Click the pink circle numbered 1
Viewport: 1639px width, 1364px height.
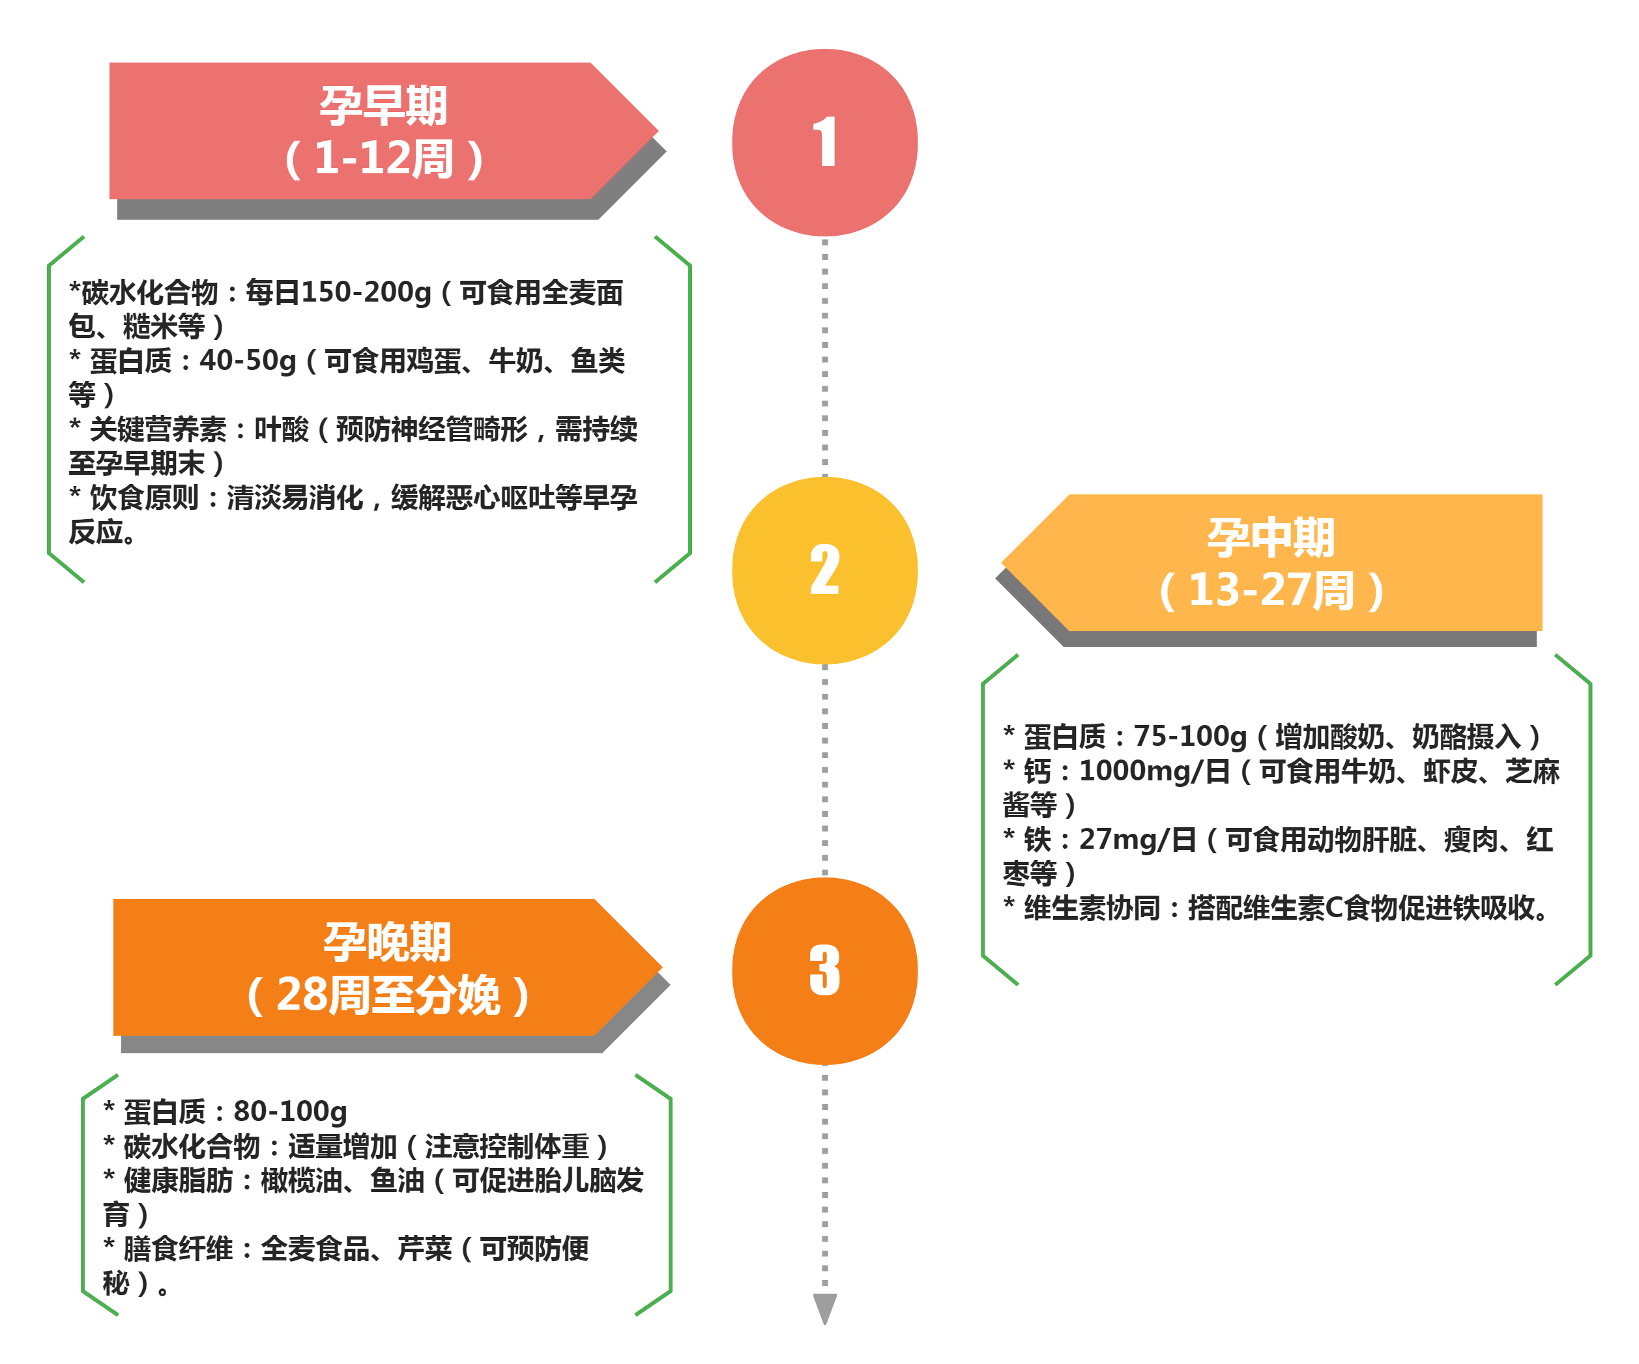pyautogui.click(x=824, y=143)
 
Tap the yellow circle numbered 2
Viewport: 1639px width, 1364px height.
pyautogui.click(x=824, y=571)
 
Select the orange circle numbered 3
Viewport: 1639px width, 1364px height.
pyautogui.click(x=824, y=971)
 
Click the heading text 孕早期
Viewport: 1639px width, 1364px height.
pyautogui.click(x=383, y=106)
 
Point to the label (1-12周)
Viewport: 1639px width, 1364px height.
pyautogui.click(x=383, y=158)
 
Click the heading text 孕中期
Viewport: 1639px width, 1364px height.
pyautogui.click(x=1271, y=537)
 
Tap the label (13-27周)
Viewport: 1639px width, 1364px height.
pyautogui.click(x=1271, y=590)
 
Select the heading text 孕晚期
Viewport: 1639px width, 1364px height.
pyautogui.click(x=387, y=942)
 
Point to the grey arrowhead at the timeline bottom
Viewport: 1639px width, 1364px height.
pyautogui.click(x=824, y=1308)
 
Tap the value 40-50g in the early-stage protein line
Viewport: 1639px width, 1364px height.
pyautogui.click(x=248, y=360)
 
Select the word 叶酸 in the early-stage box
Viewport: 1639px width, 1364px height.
pyautogui.click(x=281, y=429)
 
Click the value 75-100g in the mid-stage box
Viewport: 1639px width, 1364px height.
pyautogui.click(x=1189, y=736)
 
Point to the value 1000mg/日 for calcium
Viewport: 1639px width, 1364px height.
pyautogui.click(x=1153, y=771)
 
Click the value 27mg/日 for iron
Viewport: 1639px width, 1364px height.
pyautogui.click(x=1137, y=840)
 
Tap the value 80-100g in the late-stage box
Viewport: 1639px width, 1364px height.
pyautogui.click(x=289, y=1111)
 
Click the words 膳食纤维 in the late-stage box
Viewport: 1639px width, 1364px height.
pyautogui.click(x=178, y=1249)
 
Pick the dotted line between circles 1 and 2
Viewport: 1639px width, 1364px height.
pyautogui.click(x=824, y=355)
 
